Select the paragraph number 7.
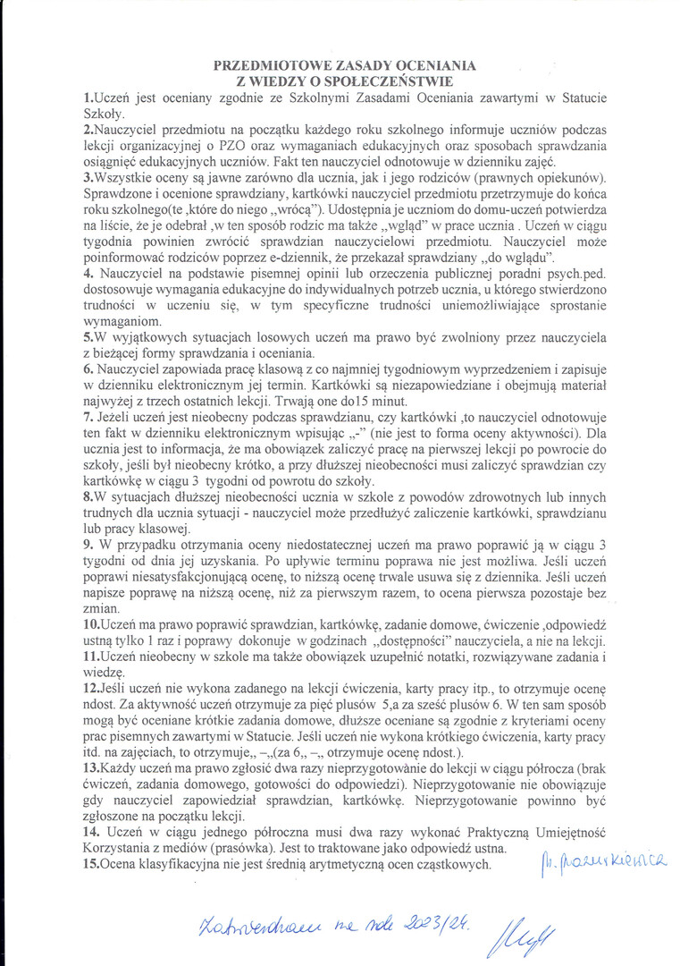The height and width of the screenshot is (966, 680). (86, 418)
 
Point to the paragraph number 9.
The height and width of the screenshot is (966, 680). (86, 544)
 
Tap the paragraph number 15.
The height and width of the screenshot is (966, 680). (90, 865)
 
